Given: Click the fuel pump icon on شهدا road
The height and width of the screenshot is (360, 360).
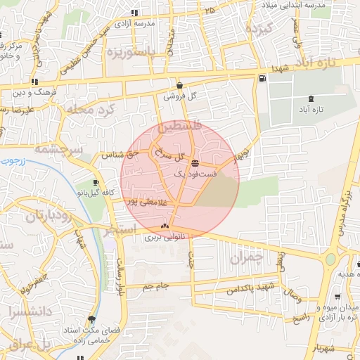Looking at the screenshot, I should tap(262, 78).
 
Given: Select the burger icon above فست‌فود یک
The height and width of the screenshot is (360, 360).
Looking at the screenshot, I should tap(195, 162).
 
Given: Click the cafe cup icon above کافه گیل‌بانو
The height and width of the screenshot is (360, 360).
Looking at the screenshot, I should tap(96, 183).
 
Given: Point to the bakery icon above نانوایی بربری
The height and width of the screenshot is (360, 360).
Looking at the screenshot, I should tap(165, 226).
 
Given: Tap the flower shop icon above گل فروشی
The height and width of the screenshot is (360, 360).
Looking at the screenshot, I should tap(180, 86).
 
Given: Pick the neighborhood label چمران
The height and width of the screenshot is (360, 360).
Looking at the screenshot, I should tap(245, 258).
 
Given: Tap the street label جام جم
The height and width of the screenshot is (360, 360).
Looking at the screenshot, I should tap(155, 286).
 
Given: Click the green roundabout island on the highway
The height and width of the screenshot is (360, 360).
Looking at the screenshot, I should tap(330, 259).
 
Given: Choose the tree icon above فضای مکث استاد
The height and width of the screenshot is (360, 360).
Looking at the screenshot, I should tap(92, 318).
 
